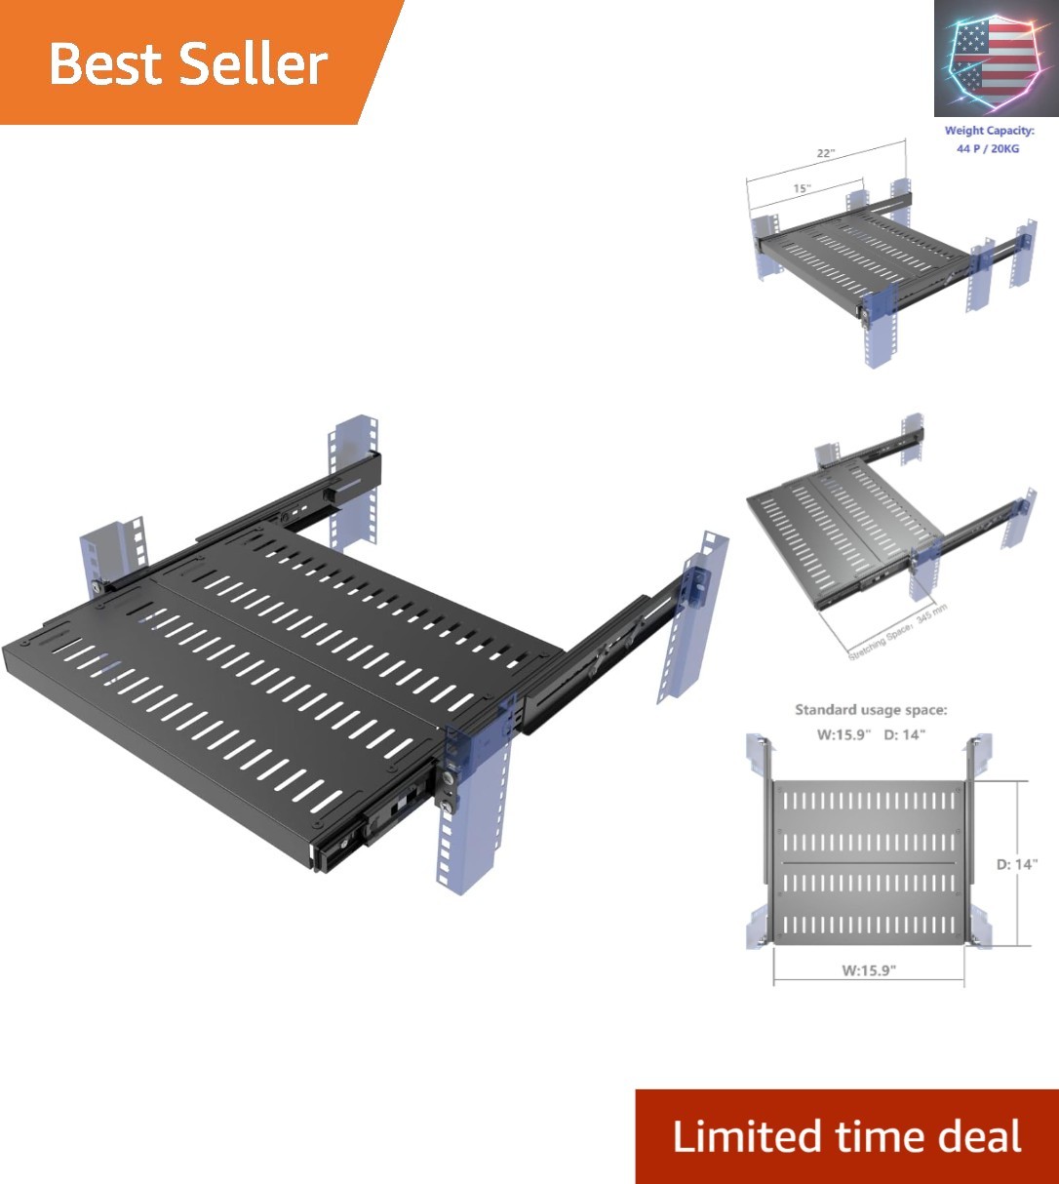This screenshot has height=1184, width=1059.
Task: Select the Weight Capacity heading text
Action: tap(989, 131)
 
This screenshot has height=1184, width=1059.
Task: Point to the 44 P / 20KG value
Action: tap(989, 149)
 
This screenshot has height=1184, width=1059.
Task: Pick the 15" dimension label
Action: tap(801, 188)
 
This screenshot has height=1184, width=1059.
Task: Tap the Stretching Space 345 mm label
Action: tap(897, 633)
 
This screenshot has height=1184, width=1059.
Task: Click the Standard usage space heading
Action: tap(871, 710)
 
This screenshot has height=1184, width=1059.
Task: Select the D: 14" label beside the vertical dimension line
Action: tap(1017, 864)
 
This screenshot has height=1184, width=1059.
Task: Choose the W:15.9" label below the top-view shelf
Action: tap(868, 969)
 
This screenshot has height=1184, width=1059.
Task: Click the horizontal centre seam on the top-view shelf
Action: tap(868, 863)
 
